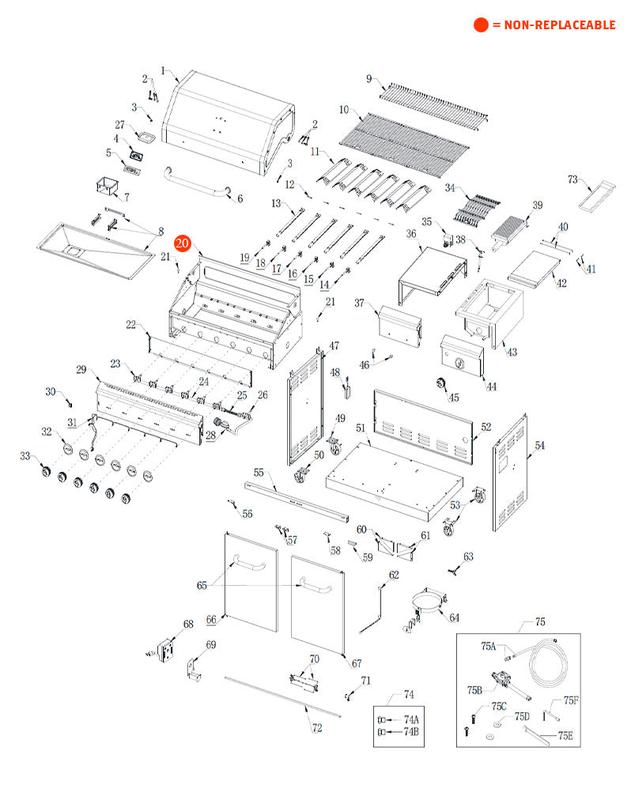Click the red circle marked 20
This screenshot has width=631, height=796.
[x=183, y=243]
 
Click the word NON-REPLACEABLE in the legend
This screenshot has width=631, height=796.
[x=560, y=25]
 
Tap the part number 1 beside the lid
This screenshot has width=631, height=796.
[x=164, y=71]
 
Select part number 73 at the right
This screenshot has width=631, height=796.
[x=573, y=179]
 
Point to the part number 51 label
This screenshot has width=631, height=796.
[x=360, y=428]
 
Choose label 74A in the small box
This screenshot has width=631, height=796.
[x=411, y=719]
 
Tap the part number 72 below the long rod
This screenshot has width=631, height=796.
[x=317, y=728]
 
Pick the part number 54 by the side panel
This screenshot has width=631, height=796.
[x=540, y=446]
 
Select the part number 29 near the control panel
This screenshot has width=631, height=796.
[x=81, y=369]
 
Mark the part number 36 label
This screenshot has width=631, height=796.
[x=411, y=233]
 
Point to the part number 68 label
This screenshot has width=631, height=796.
[x=187, y=624]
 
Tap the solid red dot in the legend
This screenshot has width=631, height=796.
[x=481, y=25]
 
